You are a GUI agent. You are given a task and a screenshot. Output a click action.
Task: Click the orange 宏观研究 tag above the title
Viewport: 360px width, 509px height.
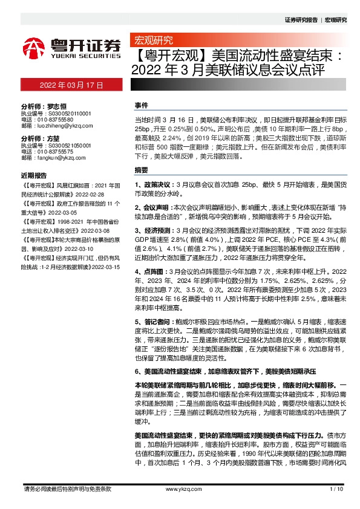(152, 42)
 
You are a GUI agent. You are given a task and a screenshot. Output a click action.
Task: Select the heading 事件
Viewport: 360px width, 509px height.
(140, 105)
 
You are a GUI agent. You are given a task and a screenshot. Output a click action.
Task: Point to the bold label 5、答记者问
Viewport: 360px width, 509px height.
(154, 321)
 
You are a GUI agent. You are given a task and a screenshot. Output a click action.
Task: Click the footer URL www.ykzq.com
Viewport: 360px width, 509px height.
(180, 488)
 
